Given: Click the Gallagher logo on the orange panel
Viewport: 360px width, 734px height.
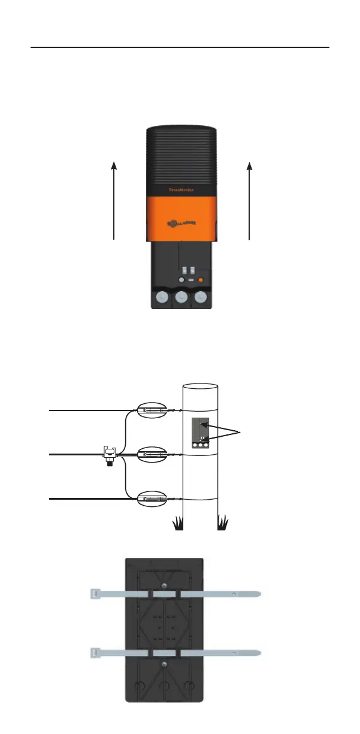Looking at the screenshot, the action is point(181,223).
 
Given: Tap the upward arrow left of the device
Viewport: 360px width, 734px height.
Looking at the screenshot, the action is point(114,201).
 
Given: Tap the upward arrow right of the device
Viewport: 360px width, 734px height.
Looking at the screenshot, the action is point(249,201).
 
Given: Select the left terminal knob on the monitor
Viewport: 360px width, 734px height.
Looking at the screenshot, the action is point(161,298).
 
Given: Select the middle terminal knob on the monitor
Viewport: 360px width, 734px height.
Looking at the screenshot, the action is point(181,298).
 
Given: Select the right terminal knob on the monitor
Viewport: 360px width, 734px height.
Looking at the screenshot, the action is point(202,298).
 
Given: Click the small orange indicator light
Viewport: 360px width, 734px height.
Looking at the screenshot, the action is point(201,279).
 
